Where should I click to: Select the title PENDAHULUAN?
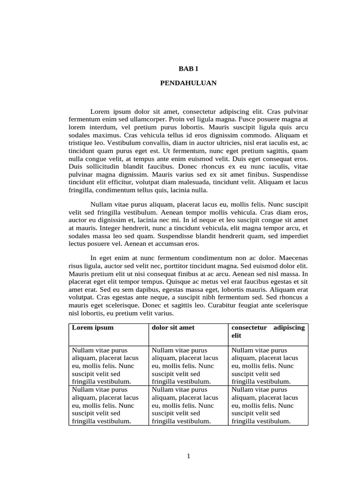188,82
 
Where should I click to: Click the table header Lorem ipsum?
93,328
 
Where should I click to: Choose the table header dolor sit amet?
173,328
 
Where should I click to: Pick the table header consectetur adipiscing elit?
268,331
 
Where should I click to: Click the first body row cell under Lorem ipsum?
109,366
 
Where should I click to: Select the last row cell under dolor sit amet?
188,405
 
